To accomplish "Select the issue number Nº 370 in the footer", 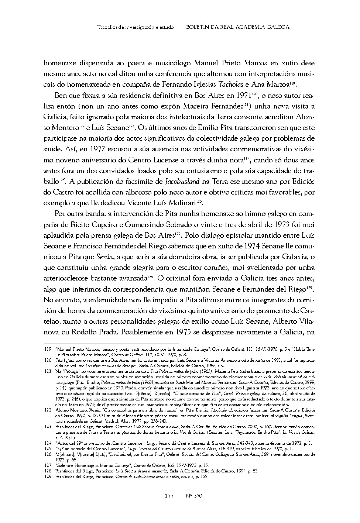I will (193, 496).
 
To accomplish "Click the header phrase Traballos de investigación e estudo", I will (135, 27).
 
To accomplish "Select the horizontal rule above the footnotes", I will (96, 343).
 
